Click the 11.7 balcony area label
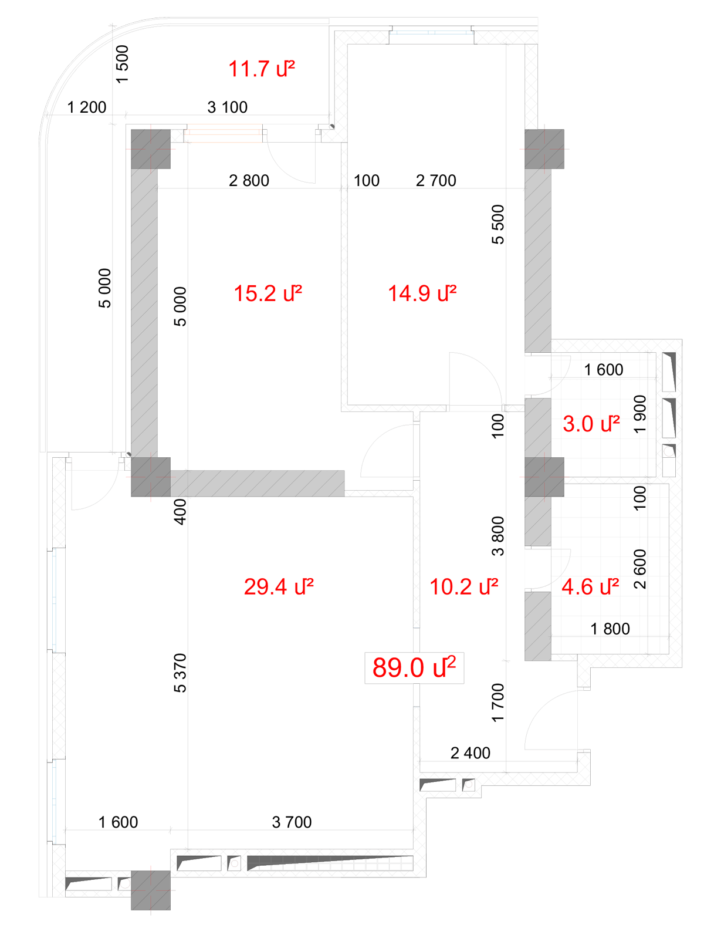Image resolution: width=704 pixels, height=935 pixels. click(261, 69)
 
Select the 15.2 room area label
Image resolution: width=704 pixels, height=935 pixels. click(268, 293)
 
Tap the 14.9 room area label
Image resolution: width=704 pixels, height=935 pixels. click(422, 293)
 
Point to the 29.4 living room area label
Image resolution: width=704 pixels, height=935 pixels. click(278, 586)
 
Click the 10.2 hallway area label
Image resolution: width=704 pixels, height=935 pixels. click(463, 586)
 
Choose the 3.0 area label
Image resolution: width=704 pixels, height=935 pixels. click(591, 424)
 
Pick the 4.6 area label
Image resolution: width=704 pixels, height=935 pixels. click(590, 586)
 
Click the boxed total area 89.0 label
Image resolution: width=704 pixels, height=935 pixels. click(414, 667)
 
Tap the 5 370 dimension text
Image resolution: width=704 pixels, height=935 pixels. click(181, 673)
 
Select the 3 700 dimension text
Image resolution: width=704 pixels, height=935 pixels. click(292, 822)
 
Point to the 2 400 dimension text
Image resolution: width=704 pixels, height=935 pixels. click(471, 753)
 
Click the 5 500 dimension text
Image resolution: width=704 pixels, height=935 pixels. click(497, 224)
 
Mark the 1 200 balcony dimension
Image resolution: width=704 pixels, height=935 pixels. click(87, 107)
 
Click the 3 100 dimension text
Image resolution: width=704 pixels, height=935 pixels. click(227, 107)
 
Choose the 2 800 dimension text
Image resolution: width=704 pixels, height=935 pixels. click(249, 181)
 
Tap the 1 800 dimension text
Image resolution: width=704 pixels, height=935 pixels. click(610, 629)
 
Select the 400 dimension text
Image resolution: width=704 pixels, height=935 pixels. click(181, 512)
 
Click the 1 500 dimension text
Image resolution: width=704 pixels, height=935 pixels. click(122, 65)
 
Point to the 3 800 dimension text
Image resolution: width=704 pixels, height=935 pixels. click(497, 536)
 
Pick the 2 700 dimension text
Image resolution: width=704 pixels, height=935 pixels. click(436, 181)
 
